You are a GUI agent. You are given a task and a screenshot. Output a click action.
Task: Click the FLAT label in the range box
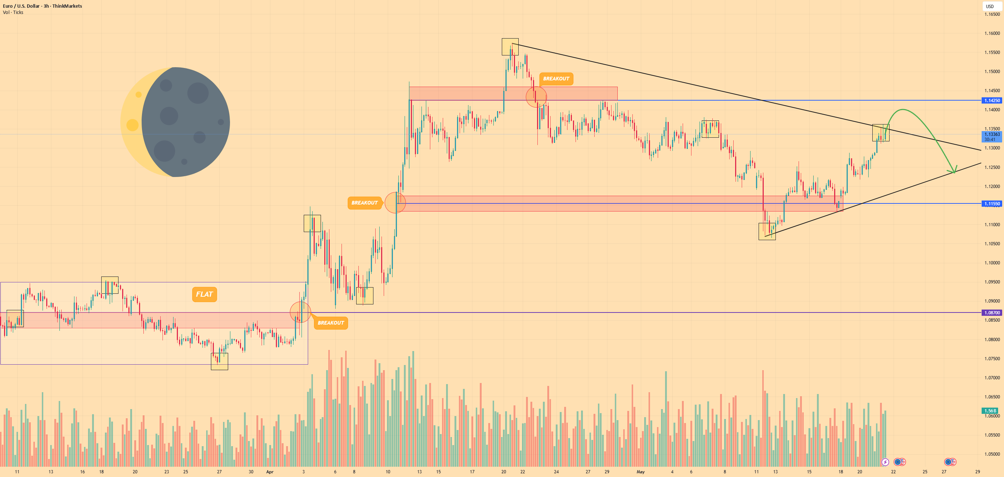pos(204,294)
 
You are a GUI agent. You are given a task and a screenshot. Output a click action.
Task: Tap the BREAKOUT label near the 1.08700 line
pos(331,323)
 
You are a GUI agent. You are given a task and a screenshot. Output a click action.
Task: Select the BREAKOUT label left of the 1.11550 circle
pos(364,203)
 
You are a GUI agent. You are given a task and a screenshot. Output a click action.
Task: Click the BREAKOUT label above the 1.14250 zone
pos(556,79)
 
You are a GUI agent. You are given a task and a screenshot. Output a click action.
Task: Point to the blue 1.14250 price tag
pos(992,101)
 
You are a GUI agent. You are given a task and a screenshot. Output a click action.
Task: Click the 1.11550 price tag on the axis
pos(992,203)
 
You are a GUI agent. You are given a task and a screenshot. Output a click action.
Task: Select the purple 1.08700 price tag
pos(992,313)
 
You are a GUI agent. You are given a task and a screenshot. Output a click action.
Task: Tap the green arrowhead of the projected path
pos(953,170)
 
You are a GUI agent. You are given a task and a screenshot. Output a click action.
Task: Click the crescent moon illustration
pos(175,122)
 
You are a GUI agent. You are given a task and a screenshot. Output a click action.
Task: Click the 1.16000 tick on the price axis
pos(992,33)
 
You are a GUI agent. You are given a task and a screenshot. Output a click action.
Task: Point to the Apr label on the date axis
pos(270,472)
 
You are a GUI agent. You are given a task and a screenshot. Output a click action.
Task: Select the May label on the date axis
pos(641,472)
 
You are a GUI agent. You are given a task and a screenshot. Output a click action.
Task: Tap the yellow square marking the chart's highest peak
pos(510,47)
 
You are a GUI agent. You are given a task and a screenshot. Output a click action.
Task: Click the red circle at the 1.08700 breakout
pos(300,312)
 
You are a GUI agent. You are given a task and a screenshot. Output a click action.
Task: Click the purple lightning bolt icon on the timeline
pos(885,462)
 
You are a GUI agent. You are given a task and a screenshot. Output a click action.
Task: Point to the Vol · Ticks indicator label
pos(13,12)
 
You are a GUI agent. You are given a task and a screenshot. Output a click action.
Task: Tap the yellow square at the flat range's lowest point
pos(219,362)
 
